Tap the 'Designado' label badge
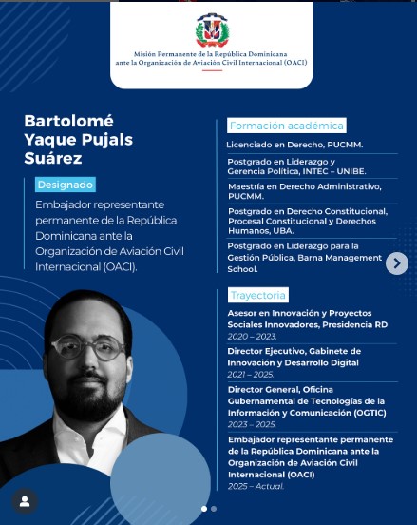click(65, 185)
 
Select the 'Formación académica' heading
click(286, 126)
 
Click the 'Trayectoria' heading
click(256, 296)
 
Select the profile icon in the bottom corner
click(24, 501)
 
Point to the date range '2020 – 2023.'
click(251, 336)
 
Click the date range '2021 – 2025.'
click(251, 375)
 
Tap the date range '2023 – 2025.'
click(251, 424)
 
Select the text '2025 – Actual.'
click(256, 486)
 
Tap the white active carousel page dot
click(203, 509)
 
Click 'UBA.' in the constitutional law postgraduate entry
click(283, 230)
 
